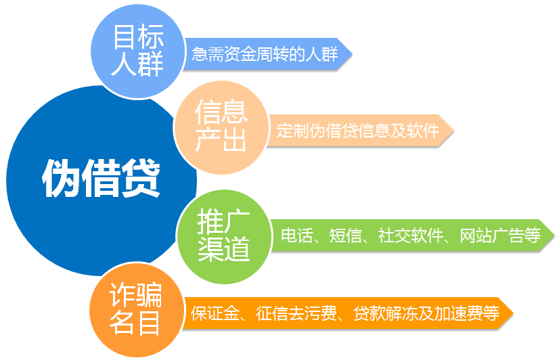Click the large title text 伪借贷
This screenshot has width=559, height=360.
pos(102,178)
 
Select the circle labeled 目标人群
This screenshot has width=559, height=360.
pos(138,51)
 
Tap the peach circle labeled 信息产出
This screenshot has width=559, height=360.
pos(221,127)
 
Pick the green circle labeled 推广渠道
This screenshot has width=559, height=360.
pos(224,237)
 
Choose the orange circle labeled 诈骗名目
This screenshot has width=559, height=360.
pos(136,309)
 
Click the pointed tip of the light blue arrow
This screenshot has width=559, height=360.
pos(352,54)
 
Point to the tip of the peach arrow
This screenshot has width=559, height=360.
pos(453,131)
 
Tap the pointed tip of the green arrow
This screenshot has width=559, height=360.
pos(555,235)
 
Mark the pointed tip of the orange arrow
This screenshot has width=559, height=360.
pos(513,313)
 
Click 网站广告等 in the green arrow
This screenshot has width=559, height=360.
pos(500,235)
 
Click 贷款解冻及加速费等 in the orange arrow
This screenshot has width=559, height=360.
pos(426,313)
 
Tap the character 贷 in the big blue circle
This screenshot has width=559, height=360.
pos(141,178)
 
